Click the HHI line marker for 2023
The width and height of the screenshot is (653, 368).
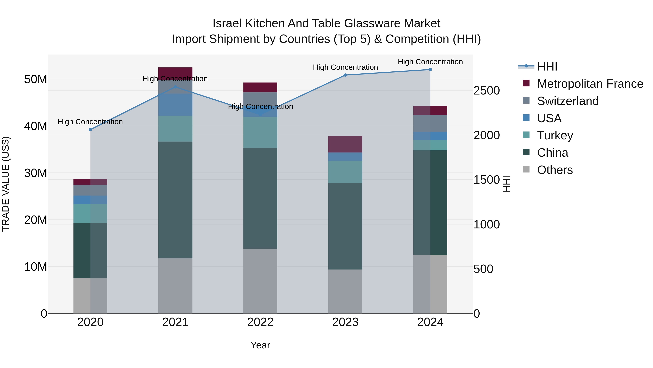(345, 75)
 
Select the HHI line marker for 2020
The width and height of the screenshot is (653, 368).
(91, 130)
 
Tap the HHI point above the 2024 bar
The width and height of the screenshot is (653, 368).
(430, 70)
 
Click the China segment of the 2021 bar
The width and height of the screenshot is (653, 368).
(175, 200)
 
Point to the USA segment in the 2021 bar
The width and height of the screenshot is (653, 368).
(175, 105)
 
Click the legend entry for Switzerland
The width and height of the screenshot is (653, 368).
(568, 101)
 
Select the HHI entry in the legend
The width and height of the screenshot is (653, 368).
(547, 67)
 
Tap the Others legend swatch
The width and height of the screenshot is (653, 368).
(526, 169)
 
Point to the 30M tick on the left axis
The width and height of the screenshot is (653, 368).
(36, 173)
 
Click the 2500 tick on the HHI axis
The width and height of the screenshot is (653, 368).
(486, 91)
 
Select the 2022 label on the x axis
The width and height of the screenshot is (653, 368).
(260, 322)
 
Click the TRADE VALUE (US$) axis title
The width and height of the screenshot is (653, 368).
(6, 184)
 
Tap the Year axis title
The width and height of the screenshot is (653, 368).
(260, 345)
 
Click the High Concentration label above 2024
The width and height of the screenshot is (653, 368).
(430, 62)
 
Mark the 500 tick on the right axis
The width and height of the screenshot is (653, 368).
(483, 269)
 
